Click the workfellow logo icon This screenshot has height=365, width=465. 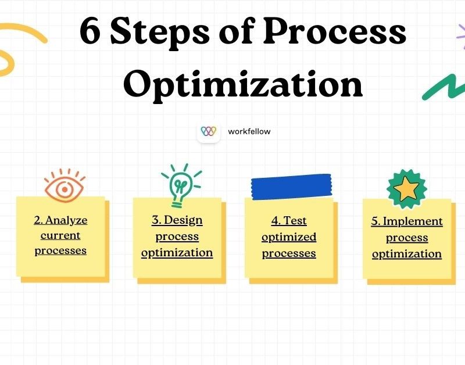(x=208, y=131)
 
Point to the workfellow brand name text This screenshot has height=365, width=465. (x=249, y=131)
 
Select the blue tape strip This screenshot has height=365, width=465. (x=291, y=185)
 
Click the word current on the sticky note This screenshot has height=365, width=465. (x=60, y=235)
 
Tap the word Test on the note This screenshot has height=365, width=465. (x=295, y=221)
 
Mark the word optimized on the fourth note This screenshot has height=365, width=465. (x=289, y=237)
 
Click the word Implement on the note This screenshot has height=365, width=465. (x=413, y=221)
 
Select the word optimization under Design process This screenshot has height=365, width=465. (x=177, y=253)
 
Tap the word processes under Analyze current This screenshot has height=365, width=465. (x=60, y=251)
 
